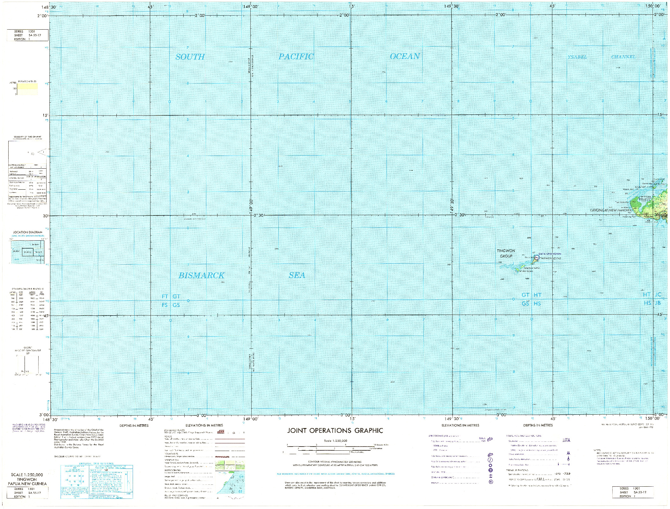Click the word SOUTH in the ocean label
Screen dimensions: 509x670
click(x=190, y=57)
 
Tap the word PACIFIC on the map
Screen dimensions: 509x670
click(x=296, y=57)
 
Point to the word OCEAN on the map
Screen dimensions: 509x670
click(x=405, y=56)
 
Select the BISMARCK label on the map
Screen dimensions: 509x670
click(x=201, y=275)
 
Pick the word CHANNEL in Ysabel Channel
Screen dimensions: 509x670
click(x=623, y=57)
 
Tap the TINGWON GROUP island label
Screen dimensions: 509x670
click(x=506, y=253)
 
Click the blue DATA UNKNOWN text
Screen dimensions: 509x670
click(x=550, y=254)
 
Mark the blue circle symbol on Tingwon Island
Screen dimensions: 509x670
click(x=537, y=257)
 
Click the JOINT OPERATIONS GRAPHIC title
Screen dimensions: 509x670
click(x=335, y=431)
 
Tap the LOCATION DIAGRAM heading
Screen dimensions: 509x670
click(x=27, y=232)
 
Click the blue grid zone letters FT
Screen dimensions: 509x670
click(x=165, y=296)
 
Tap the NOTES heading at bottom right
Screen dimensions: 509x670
click(x=597, y=450)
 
